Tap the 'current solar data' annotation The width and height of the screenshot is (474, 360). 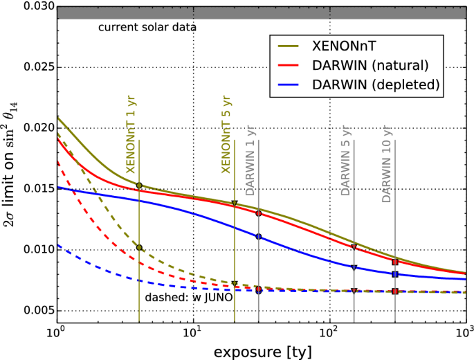pyautogui.click(x=147, y=28)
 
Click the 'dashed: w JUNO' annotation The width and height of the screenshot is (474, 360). pyautogui.click(x=183, y=298)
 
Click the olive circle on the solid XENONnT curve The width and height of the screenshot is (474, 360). pyautogui.click(x=140, y=186)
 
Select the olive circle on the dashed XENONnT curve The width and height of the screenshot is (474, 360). pyautogui.click(x=140, y=248)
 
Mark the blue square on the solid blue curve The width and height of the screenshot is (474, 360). pyautogui.click(x=395, y=275)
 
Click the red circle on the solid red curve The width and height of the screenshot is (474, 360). pyautogui.click(x=259, y=213)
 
